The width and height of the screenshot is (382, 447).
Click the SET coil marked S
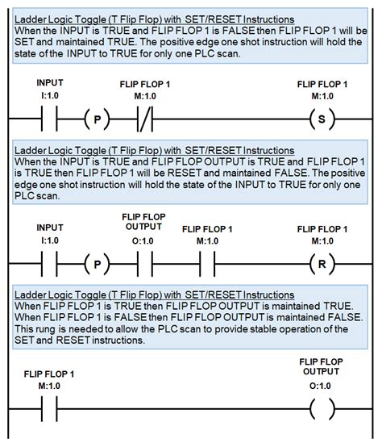point(322,119)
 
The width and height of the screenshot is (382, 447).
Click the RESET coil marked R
point(322,264)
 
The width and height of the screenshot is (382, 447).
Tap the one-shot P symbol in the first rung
point(97,119)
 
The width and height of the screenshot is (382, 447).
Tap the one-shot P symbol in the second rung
point(97,264)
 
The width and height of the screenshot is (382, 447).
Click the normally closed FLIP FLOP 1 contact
point(145,119)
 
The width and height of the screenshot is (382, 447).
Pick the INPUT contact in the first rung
point(49,119)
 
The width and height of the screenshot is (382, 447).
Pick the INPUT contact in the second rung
point(49,264)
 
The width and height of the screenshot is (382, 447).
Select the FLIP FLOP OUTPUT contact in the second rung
point(145,264)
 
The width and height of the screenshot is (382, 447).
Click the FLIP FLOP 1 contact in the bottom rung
point(49,409)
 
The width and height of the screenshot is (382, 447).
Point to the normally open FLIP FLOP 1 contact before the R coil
point(207,264)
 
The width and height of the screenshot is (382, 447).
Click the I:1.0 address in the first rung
point(50,95)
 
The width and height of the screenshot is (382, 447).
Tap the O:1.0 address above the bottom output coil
point(320,386)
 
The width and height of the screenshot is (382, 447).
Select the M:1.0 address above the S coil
point(322,96)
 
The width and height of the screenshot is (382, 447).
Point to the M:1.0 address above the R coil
point(322,241)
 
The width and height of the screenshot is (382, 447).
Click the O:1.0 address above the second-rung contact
point(143,241)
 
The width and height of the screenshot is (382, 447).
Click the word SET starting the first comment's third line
point(24,42)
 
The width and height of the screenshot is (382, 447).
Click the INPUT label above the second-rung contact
point(50,228)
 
